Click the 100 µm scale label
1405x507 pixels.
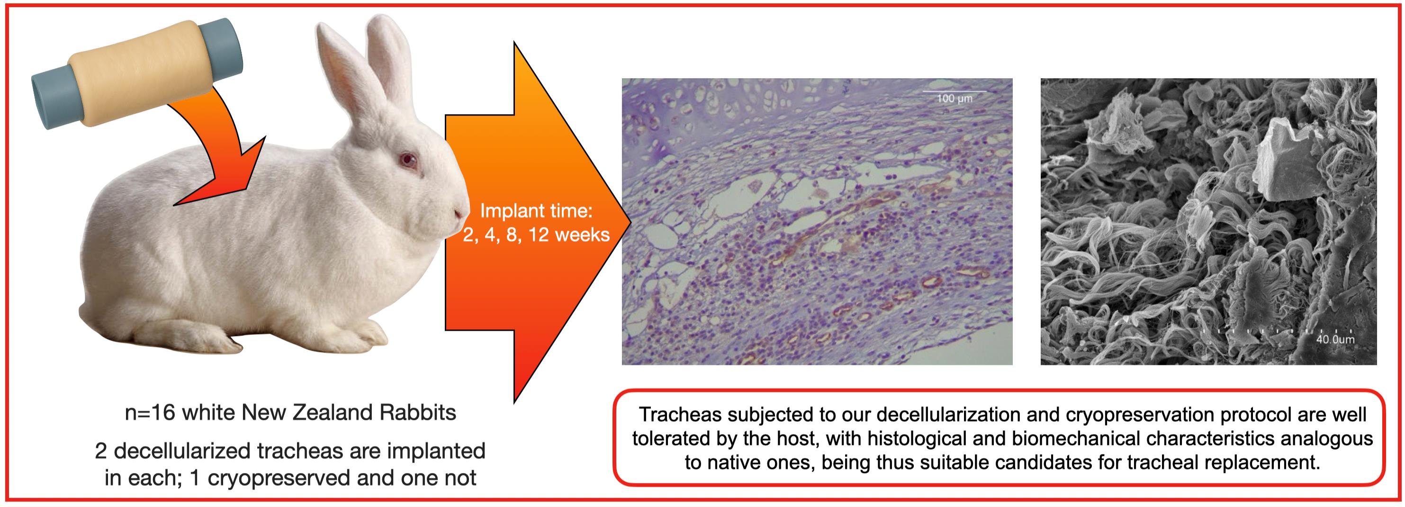tap(955, 98)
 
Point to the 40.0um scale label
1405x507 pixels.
tap(1335, 339)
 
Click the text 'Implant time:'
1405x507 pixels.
tap(536, 211)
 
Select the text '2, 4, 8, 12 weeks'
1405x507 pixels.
tap(536, 234)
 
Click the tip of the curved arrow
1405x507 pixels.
tap(173, 205)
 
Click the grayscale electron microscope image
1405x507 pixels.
tap(1208, 222)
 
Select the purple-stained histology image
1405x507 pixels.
tap(817, 222)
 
